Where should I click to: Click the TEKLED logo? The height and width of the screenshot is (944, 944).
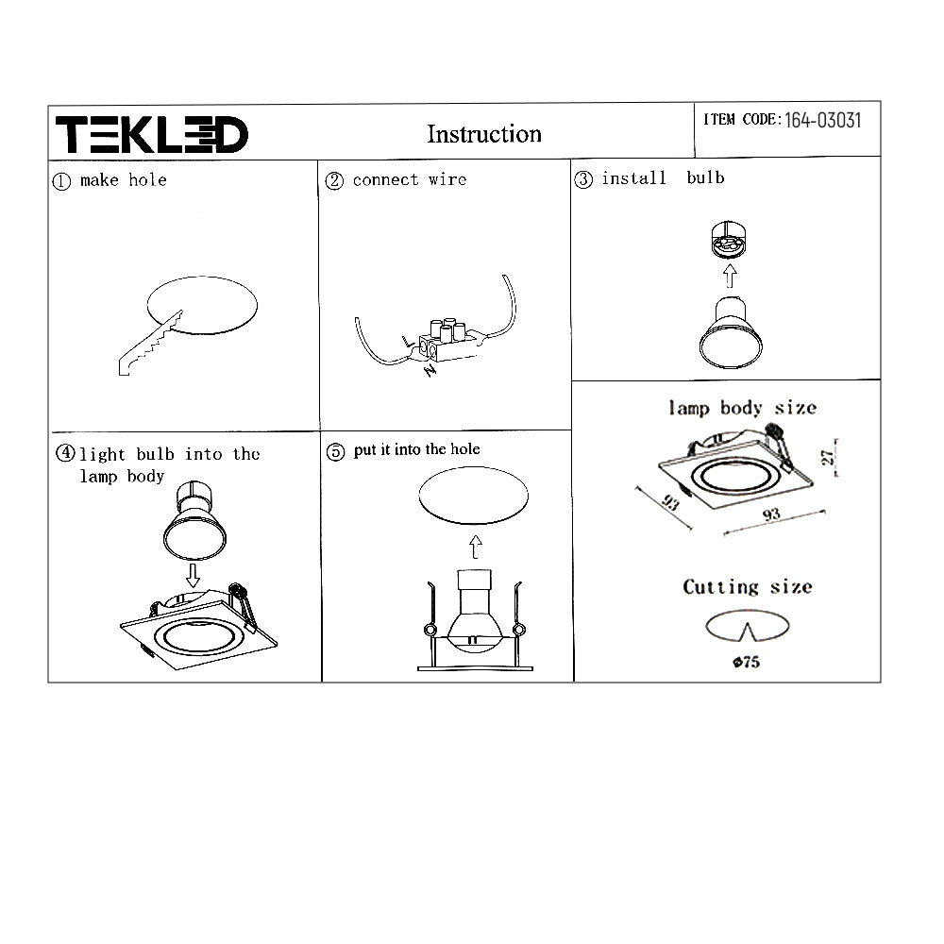click(152, 134)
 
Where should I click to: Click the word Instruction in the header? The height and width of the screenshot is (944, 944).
click(484, 134)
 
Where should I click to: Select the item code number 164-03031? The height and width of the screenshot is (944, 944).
click(822, 121)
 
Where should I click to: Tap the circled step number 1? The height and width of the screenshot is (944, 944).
click(61, 181)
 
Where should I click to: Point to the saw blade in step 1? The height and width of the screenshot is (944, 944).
click(150, 344)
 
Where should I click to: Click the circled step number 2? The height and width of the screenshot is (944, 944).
click(334, 180)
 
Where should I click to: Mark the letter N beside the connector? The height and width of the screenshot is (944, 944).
click(430, 371)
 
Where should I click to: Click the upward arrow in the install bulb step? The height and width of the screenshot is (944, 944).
click(730, 276)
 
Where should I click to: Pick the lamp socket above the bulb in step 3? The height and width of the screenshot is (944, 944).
click(729, 239)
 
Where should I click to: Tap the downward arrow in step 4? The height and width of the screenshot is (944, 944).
click(193, 576)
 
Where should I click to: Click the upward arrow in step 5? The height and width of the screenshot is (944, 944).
click(476, 547)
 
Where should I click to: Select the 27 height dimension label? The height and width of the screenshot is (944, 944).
click(829, 458)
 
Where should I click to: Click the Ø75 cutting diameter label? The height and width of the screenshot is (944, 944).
click(746, 663)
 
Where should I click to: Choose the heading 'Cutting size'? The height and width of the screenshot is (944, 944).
click(747, 587)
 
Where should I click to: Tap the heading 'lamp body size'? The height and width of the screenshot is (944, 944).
click(742, 408)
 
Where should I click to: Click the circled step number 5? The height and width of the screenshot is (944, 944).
click(335, 451)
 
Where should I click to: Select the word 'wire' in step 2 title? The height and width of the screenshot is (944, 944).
click(447, 179)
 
